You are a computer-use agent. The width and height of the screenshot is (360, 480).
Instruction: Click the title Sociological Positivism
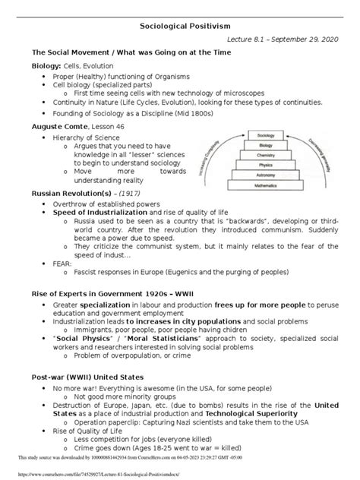180,25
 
